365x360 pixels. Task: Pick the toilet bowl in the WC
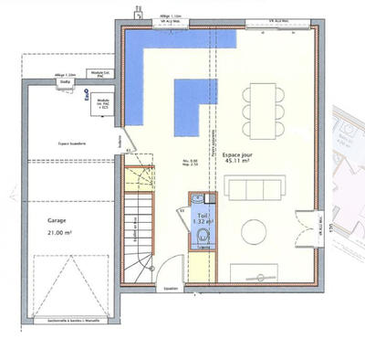[202, 238]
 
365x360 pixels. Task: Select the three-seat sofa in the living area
[253, 190]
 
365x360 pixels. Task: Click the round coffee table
[254, 230]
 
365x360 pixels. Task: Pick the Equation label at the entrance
[170, 288]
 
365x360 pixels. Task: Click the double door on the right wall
[322, 228]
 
